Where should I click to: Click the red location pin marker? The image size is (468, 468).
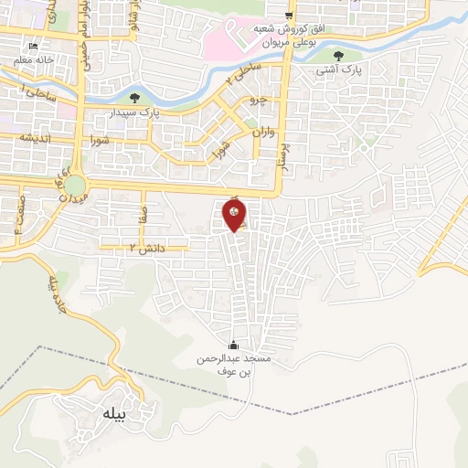coord(234,216)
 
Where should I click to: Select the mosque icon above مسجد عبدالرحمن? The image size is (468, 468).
coord(233,346)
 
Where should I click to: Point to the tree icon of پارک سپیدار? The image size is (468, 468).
coord(135,97)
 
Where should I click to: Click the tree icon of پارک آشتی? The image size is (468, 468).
coord(339,56)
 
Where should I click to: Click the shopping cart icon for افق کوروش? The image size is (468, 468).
coord(289,16)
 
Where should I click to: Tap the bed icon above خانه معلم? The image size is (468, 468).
coord(34,47)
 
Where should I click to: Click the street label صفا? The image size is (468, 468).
coord(143,218)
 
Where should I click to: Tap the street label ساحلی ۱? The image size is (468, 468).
coord(38,91)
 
